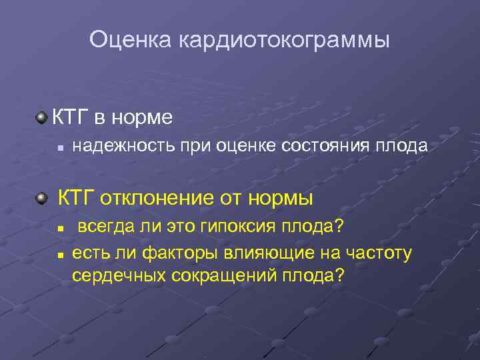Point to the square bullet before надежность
tap(60, 147)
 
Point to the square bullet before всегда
tap(60, 228)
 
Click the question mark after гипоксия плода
tap(340, 227)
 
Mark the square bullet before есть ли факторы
tap(60, 254)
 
